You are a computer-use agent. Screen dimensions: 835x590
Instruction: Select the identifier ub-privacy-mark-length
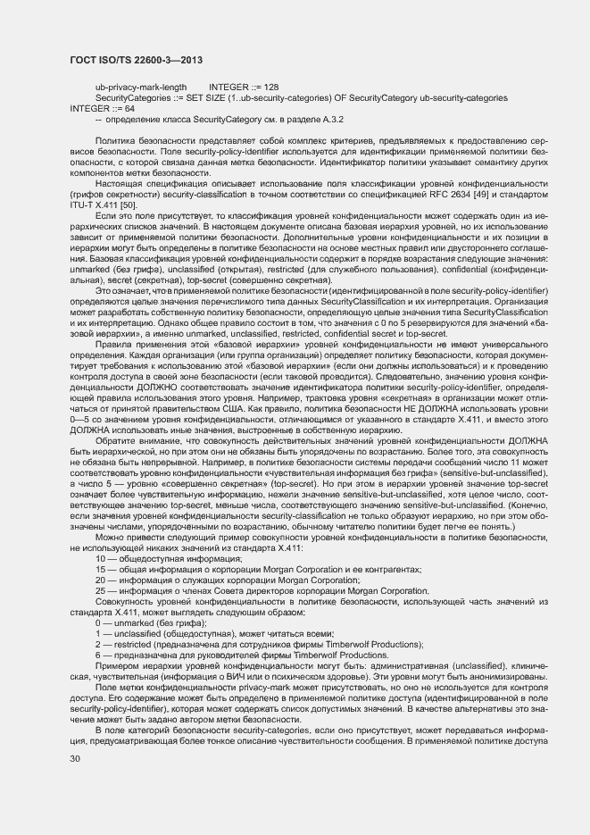click(x=141, y=87)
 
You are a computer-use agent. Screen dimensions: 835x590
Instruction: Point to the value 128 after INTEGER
click(x=271, y=87)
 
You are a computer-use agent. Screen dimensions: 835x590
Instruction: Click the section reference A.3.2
click(x=333, y=118)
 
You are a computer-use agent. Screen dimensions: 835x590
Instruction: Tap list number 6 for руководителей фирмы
click(x=98, y=655)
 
